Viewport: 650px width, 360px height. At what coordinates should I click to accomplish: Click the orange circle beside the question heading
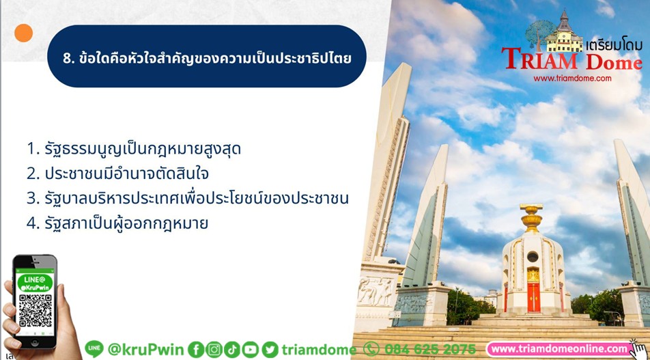tap(23, 33)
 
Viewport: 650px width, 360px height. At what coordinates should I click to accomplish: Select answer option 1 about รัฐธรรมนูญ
tap(134, 148)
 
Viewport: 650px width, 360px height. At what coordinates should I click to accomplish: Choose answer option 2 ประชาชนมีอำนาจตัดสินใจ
tap(117, 174)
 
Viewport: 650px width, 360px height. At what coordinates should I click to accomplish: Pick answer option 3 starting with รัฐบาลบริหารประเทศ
tap(187, 198)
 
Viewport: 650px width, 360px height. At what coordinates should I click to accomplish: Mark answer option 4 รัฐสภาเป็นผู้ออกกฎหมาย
tap(117, 223)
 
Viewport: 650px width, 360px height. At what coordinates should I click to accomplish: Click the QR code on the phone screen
tap(36, 310)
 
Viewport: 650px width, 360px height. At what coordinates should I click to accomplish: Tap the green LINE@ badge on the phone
tap(36, 283)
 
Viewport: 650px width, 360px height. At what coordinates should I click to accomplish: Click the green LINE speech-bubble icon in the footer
tap(94, 349)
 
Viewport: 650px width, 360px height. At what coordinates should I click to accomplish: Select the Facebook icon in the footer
tap(196, 350)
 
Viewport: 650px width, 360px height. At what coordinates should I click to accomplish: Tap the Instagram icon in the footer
tap(214, 350)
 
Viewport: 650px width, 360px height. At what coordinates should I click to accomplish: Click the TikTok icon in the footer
tap(231, 350)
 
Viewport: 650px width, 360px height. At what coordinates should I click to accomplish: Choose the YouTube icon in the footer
tap(250, 350)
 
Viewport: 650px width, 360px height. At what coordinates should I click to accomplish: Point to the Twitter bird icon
tap(270, 350)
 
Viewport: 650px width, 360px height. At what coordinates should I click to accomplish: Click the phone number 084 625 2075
tap(430, 349)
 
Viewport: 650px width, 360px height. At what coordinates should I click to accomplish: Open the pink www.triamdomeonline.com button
tap(560, 349)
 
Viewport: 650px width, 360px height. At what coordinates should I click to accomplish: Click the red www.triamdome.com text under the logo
tap(572, 78)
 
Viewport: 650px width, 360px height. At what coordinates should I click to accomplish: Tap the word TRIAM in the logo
tap(539, 59)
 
